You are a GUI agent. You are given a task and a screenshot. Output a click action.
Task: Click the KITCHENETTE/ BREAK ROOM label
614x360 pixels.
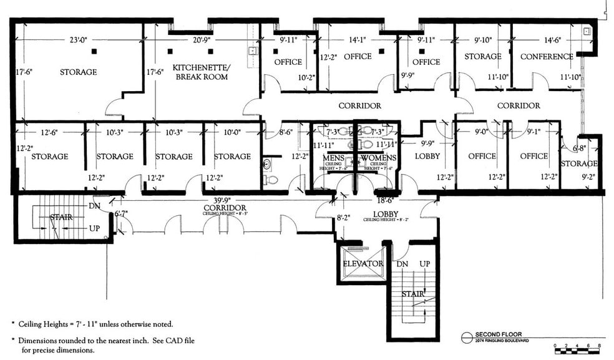[x=200, y=72]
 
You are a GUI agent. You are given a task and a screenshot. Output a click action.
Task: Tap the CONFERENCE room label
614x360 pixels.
[x=547, y=57]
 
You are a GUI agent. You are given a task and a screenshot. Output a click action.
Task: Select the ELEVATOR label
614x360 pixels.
[x=363, y=264]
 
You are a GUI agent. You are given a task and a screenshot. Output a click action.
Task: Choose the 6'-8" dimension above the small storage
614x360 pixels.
[x=579, y=148]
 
